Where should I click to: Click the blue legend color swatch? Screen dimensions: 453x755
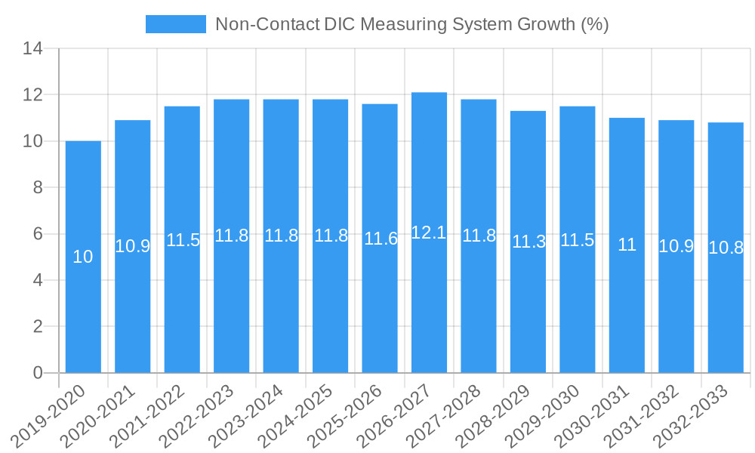(175, 24)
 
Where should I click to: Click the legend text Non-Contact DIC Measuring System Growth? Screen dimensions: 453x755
(411, 24)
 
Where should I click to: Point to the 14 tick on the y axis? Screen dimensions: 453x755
(32, 49)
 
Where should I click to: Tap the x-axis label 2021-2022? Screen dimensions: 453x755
(155, 414)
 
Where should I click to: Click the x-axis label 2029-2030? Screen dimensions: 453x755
(550, 414)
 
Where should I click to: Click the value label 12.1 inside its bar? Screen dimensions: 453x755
(429, 233)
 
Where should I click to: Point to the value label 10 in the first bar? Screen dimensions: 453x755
(83, 257)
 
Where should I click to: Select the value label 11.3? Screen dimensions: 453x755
(528, 242)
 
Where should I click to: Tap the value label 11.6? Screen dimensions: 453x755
(380, 239)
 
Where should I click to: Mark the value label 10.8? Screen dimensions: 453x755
(726, 248)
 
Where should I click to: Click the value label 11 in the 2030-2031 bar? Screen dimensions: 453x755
(627, 245)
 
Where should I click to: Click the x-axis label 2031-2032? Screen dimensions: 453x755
(649, 414)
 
